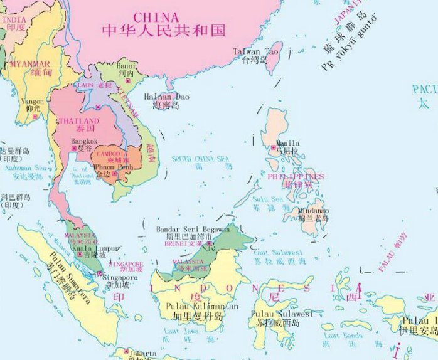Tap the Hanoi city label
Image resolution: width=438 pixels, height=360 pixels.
pyautogui.click(x=126, y=65)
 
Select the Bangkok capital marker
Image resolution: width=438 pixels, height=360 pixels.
pyautogui.click(x=74, y=149)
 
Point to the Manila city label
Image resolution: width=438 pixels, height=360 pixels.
pyautogui.click(x=288, y=143)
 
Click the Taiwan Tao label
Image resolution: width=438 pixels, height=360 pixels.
pyautogui.click(x=255, y=51)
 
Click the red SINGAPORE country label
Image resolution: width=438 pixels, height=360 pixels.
pyautogui.click(x=127, y=265)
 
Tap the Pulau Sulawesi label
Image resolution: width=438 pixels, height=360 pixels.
pyautogui.click(x=282, y=313)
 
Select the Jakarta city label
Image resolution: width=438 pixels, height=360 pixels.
pyautogui.click(x=143, y=354)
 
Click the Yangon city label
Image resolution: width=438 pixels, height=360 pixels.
pyautogui.click(x=33, y=101)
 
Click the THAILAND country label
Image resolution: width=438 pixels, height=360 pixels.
pyautogui.click(x=78, y=120)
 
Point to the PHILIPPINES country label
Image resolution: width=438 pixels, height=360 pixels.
pyautogui.click(x=296, y=177)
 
